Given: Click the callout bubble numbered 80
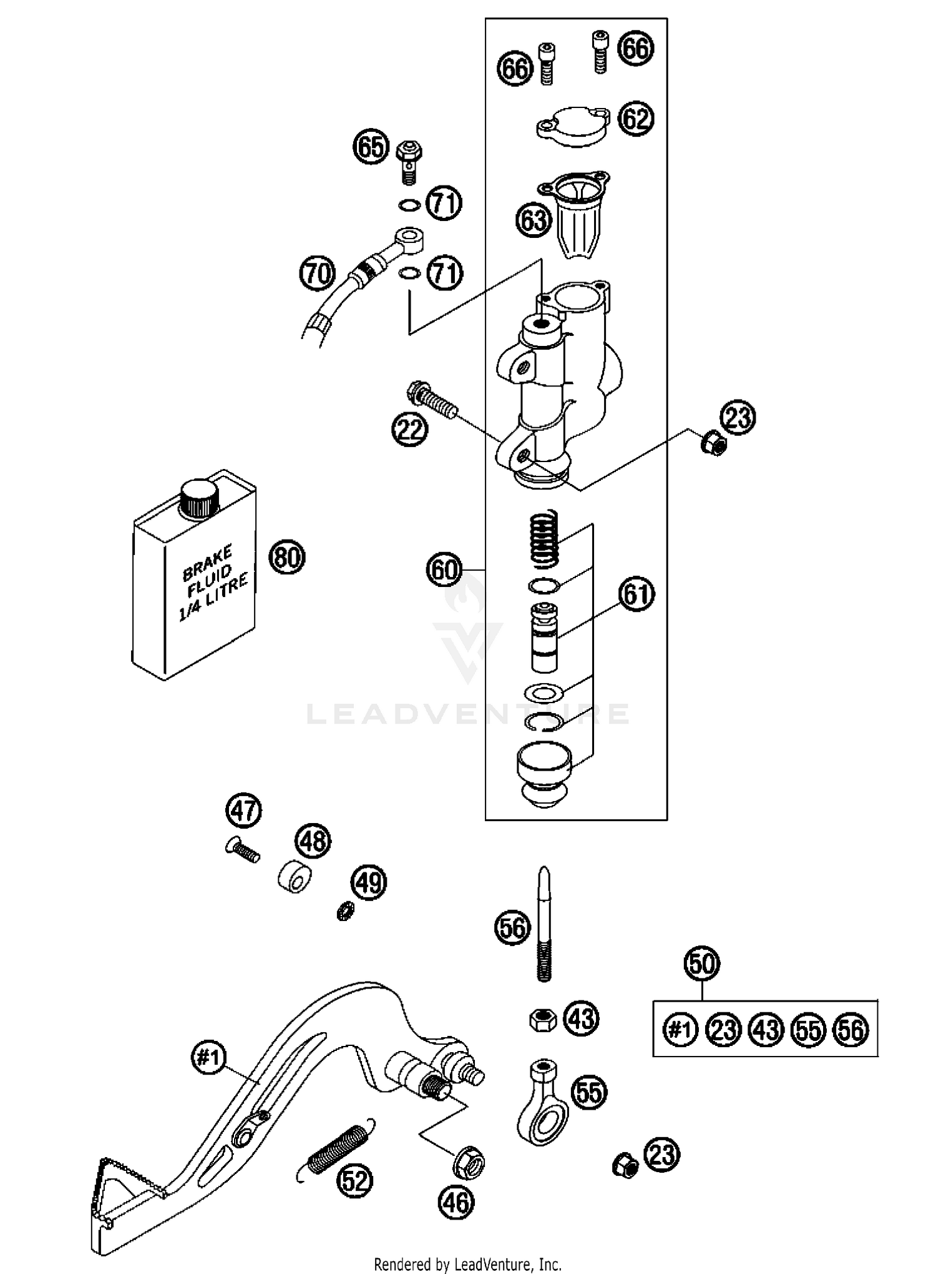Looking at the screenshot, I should [x=287, y=557].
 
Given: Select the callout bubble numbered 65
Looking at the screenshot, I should [x=371, y=147].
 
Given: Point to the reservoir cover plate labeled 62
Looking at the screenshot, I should [x=573, y=127].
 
